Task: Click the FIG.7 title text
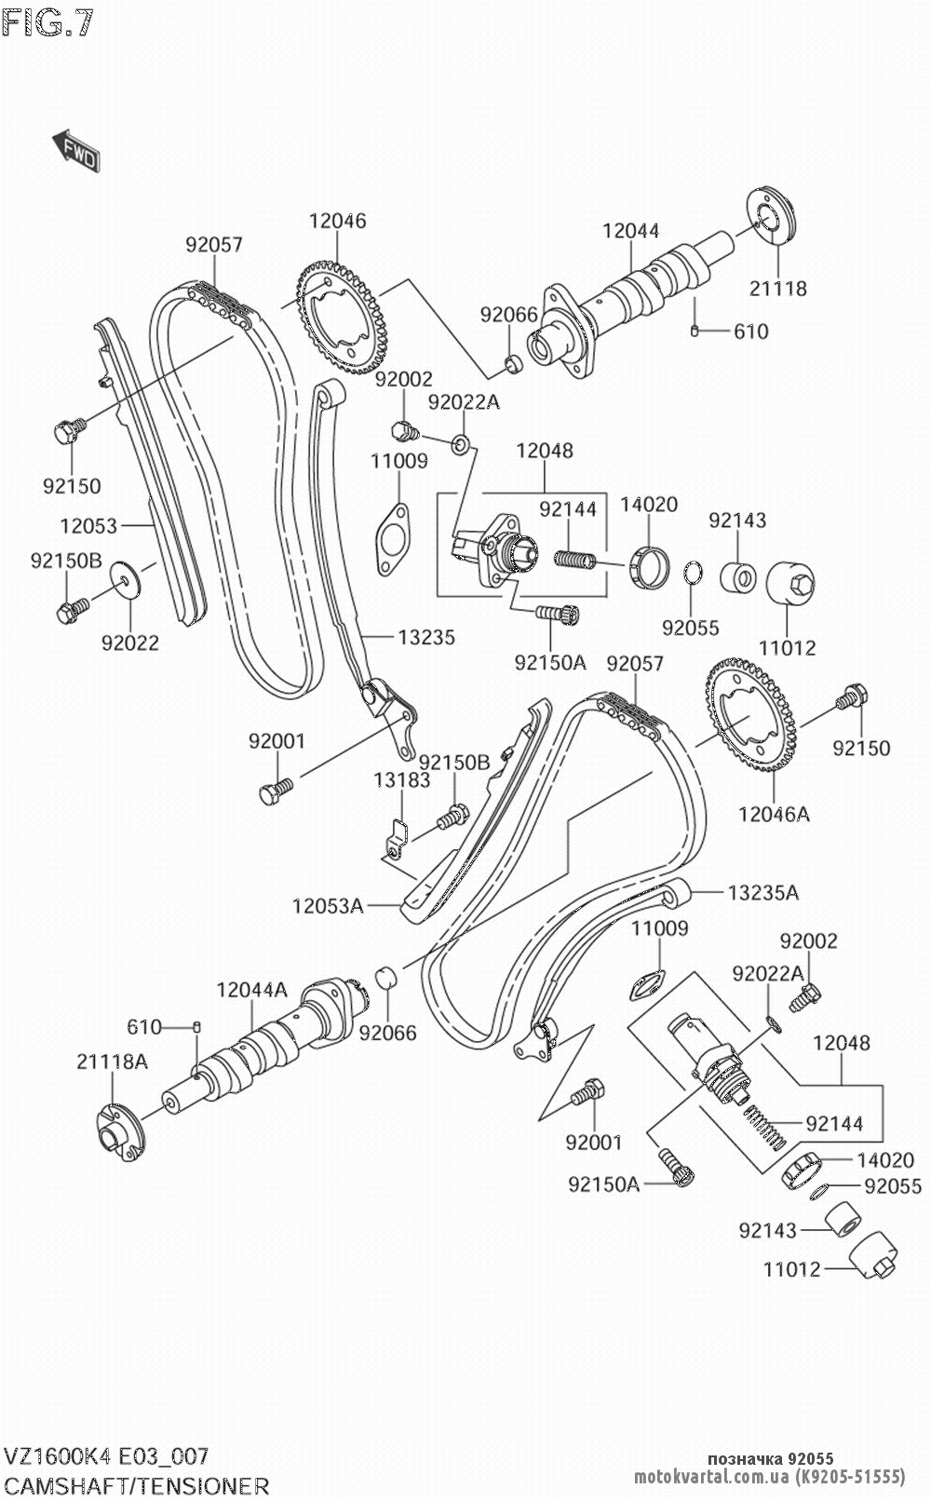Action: pos(48,23)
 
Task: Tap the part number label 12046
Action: pos(338,221)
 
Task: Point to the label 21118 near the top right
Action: pos(778,288)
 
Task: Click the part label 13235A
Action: pos(762,893)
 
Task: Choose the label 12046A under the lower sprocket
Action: pos(774,814)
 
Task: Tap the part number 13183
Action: pos(402,780)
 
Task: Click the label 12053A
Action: pos(327,904)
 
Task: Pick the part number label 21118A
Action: pos(113,1061)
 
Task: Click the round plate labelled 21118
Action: pos(772,220)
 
